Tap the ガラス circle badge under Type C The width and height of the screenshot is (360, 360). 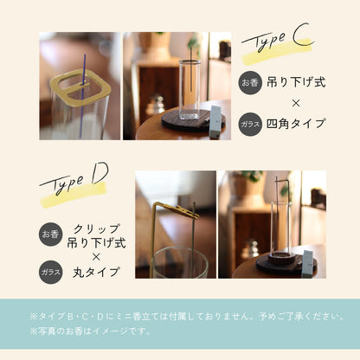(248, 123)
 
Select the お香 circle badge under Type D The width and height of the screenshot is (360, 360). (50, 234)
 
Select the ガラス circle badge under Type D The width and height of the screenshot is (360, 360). (50, 272)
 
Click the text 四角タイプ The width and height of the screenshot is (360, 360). (296, 123)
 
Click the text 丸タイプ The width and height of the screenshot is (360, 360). (96, 272)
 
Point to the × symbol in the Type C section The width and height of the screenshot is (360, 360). (296, 103)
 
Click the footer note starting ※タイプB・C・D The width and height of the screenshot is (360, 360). (179, 316)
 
